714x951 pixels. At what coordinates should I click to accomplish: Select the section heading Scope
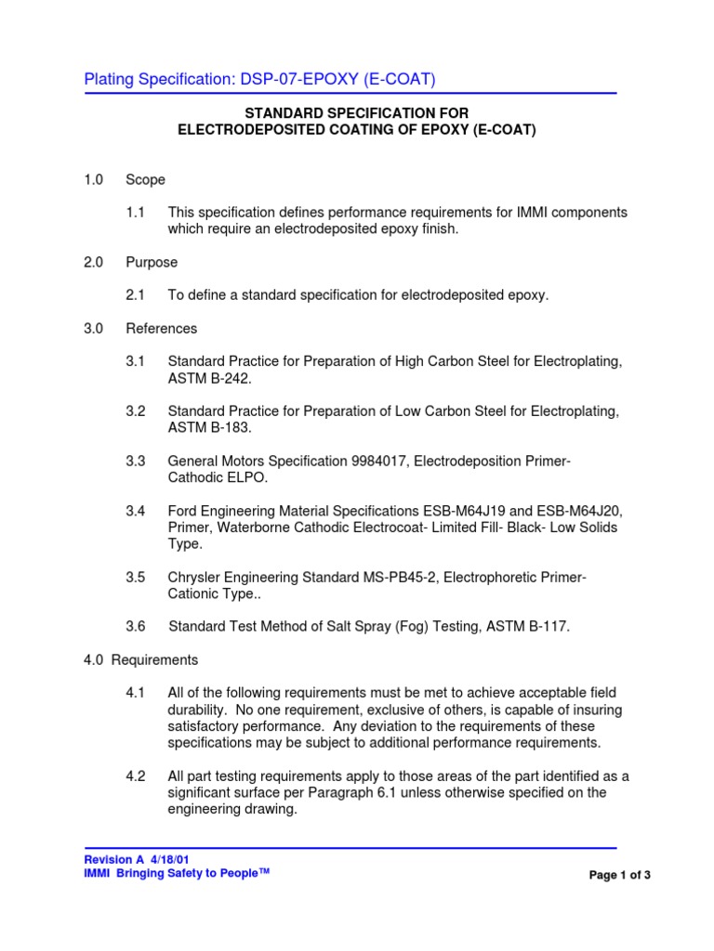(x=146, y=179)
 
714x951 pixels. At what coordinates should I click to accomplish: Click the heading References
(x=162, y=328)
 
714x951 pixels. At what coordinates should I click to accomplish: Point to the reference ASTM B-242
(x=209, y=378)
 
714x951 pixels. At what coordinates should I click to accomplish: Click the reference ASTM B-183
(x=209, y=427)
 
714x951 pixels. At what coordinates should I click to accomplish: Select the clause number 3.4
(x=136, y=511)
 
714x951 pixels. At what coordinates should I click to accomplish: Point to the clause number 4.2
(x=136, y=775)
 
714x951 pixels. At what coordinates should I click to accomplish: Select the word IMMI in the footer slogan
(x=97, y=874)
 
